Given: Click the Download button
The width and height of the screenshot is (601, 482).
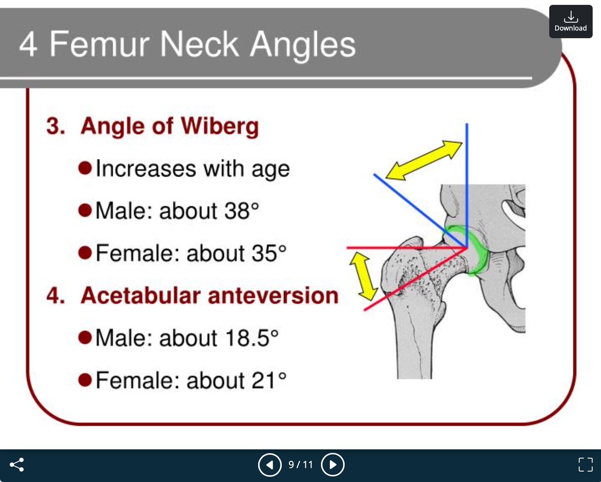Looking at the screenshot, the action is (570, 22).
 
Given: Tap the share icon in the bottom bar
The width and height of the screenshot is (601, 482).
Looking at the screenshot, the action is (17, 464).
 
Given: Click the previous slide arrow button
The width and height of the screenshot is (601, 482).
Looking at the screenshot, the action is (270, 465).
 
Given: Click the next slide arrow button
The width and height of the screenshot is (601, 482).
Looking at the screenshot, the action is (333, 465).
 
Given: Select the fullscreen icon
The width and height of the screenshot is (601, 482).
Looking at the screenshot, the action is (585, 465).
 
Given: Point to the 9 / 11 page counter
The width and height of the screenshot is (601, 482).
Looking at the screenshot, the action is (301, 465).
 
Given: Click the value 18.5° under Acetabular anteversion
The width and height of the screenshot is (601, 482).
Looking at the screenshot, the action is (252, 338).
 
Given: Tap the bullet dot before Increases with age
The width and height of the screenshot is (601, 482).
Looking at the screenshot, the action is (85, 168).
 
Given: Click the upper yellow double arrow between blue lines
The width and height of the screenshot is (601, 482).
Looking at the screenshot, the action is (424, 160).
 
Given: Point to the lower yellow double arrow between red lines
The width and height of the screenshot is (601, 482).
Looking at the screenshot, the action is (363, 276).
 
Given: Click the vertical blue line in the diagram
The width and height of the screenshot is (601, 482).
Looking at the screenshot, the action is (467, 185).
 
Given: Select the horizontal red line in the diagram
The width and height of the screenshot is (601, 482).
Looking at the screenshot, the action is (407, 248).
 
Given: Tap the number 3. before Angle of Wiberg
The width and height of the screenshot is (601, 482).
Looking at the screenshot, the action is (56, 126).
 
